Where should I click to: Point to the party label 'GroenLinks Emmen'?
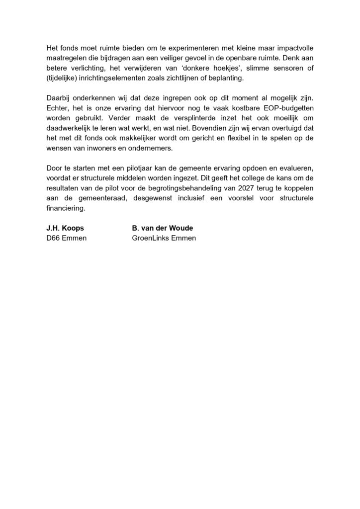(161, 238)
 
